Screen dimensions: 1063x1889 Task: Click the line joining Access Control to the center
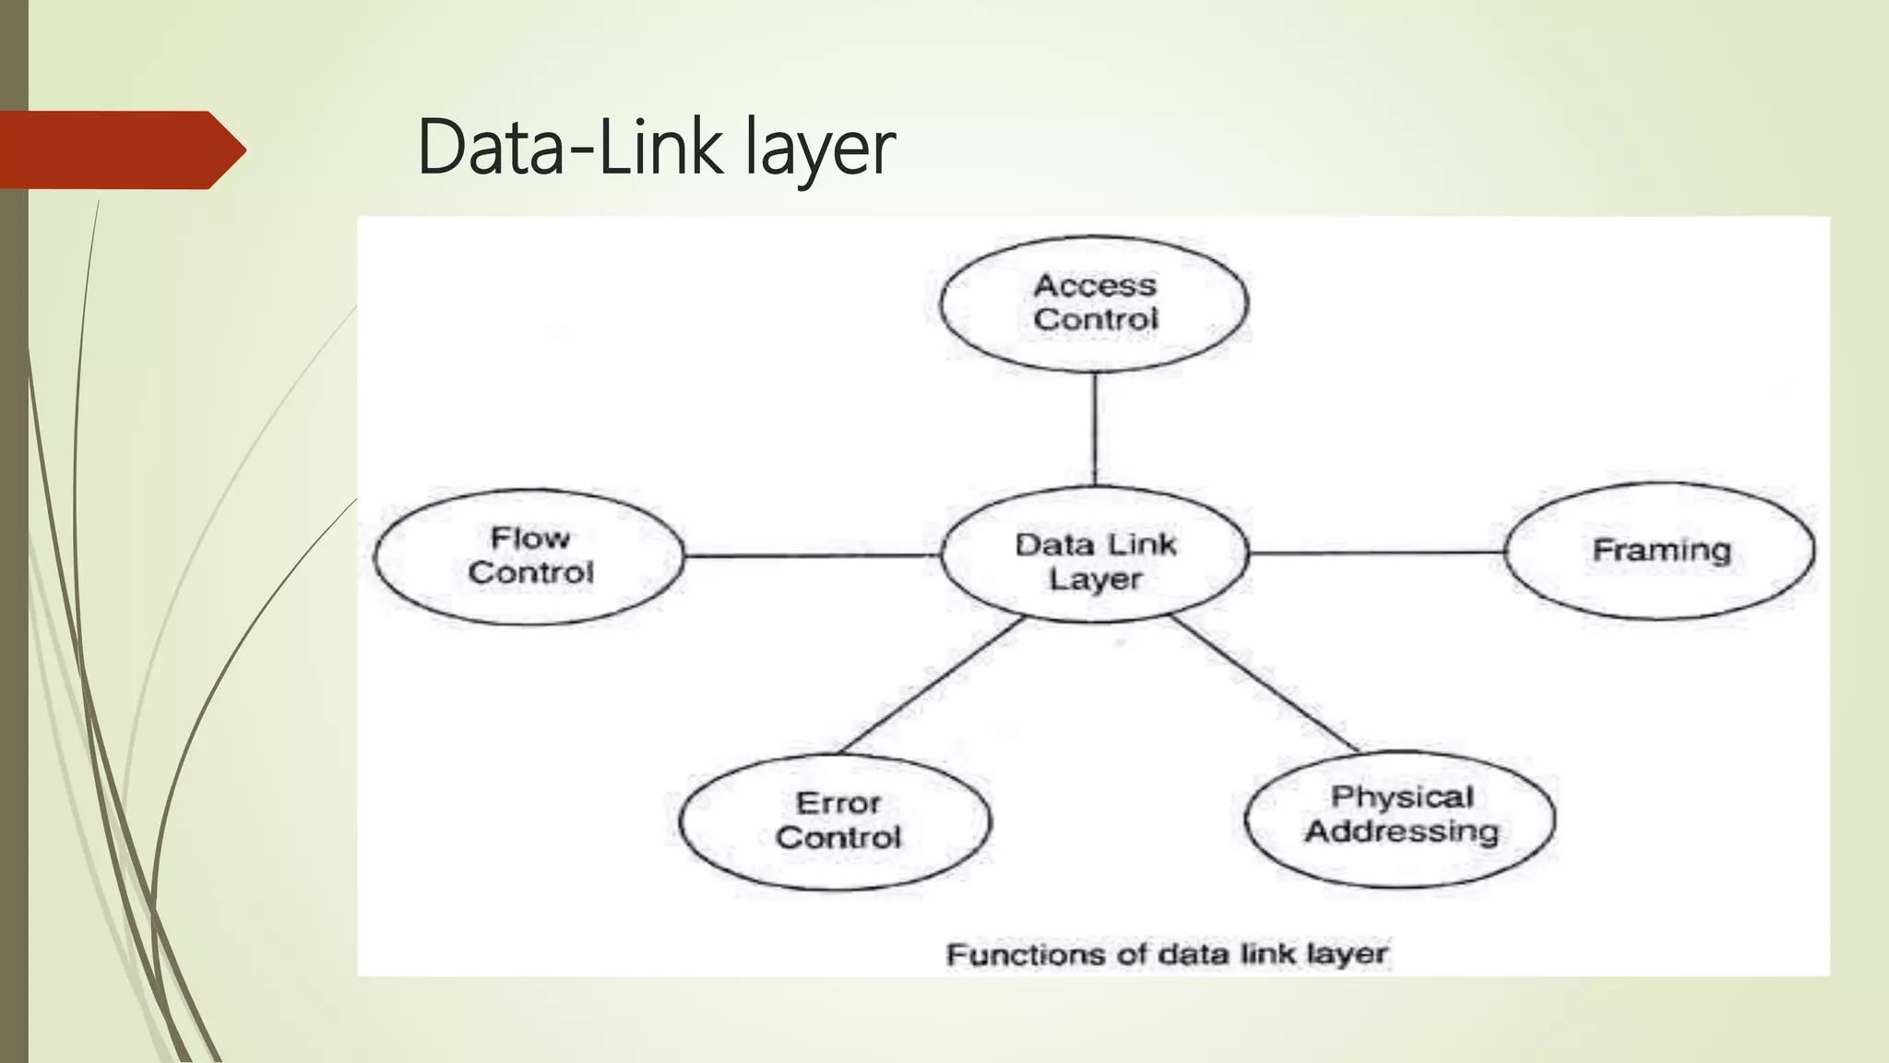(x=1095, y=429)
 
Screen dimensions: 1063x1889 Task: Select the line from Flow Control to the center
(x=812, y=555)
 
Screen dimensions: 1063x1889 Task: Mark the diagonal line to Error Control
(x=932, y=685)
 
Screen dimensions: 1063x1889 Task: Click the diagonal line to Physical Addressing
(x=1264, y=683)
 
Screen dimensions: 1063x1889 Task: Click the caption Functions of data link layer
(x=1167, y=954)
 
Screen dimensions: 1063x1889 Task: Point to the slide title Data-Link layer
(x=656, y=148)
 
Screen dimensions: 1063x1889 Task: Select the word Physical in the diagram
(x=1402, y=796)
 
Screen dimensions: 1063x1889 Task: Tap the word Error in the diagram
(x=838, y=803)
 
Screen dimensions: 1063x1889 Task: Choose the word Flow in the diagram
(x=529, y=537)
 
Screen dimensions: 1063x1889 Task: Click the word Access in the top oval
(x=1095, y=285)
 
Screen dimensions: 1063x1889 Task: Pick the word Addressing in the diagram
(x=1402, y=831)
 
